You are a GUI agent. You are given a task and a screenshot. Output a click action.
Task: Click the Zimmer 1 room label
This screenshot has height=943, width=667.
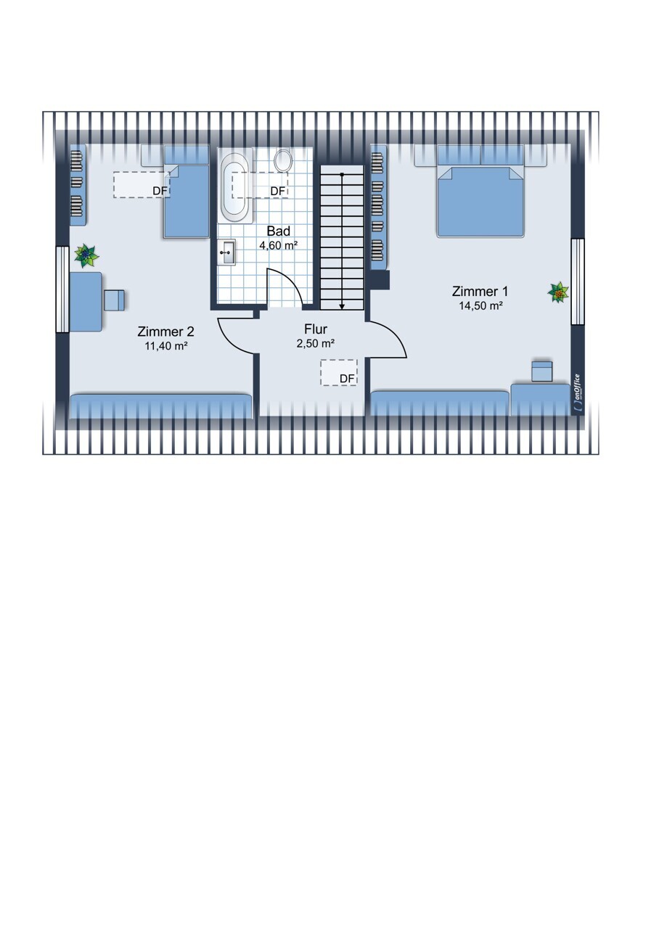480,292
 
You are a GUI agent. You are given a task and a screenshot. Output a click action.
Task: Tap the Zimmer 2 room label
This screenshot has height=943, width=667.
166,332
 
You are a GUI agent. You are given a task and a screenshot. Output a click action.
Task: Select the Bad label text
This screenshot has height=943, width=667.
279,231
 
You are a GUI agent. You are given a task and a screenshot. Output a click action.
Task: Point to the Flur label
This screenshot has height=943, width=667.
316,329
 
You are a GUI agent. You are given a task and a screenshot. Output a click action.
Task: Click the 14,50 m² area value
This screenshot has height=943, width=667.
481,306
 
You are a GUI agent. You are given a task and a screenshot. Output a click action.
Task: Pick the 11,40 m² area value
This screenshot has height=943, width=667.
166,347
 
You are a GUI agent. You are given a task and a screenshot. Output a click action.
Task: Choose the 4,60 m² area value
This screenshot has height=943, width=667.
279,245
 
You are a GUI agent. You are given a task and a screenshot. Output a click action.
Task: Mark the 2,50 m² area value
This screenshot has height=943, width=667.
316,344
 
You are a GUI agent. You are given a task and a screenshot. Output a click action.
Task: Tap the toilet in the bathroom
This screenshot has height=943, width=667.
283,161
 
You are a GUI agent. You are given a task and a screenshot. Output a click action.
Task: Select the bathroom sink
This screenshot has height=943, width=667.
227,252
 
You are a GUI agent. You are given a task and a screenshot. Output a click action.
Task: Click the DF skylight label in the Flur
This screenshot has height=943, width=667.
347,379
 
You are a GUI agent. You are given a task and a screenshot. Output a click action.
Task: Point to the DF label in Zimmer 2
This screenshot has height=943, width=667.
160,191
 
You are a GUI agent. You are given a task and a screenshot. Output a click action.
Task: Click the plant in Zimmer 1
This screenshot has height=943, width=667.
558,292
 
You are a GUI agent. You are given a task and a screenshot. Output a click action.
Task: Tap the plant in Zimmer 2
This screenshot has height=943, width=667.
86,255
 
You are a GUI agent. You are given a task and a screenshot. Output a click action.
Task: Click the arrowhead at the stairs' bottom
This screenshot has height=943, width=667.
342,307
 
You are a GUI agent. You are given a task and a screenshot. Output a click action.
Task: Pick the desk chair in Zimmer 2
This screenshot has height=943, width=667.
115,300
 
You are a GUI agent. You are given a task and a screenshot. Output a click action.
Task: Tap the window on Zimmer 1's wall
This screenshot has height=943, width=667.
578,281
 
